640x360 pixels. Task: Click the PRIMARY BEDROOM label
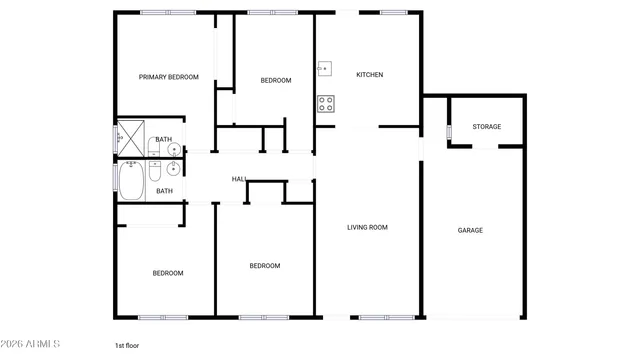[x=168, y=77]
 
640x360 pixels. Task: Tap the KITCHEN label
[x=370, y=75]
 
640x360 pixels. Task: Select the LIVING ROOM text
[x=367, y=227]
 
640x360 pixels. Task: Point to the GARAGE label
[x=470, y=230]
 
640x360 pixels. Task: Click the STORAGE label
[x=487, y=127]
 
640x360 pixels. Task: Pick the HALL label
[x=239, y=179]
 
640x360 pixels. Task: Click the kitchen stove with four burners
[x=326, y=102]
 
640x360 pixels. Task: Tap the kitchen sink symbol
[x=325, y=69]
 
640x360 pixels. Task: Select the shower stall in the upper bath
[x=130, y=137]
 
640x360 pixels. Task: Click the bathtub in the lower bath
[x=131, y=181]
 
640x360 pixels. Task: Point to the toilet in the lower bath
[x=155, y=172]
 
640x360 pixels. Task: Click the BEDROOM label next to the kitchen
[x=276, y=81]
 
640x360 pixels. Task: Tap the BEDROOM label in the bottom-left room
[x=167, y=273]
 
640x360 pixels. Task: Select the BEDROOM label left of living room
[x=264, y=266]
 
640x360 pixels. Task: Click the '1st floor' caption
[x=126, y=345]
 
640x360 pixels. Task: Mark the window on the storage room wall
[x=449, y=130]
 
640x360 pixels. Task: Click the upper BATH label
[x=163, y=140]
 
